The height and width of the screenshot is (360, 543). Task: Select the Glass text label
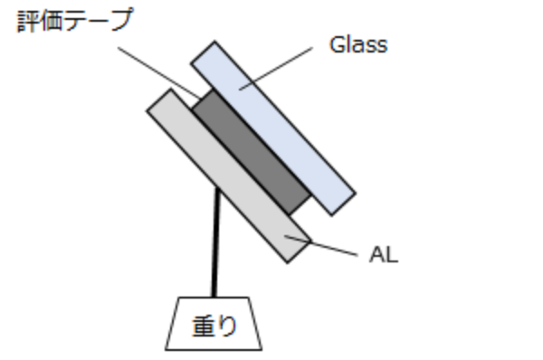click(357, 44)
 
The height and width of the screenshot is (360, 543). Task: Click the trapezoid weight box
click(214, 323)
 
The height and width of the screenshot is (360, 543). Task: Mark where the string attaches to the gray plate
click(218, 192)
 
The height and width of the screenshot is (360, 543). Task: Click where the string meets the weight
click(214, 297)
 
